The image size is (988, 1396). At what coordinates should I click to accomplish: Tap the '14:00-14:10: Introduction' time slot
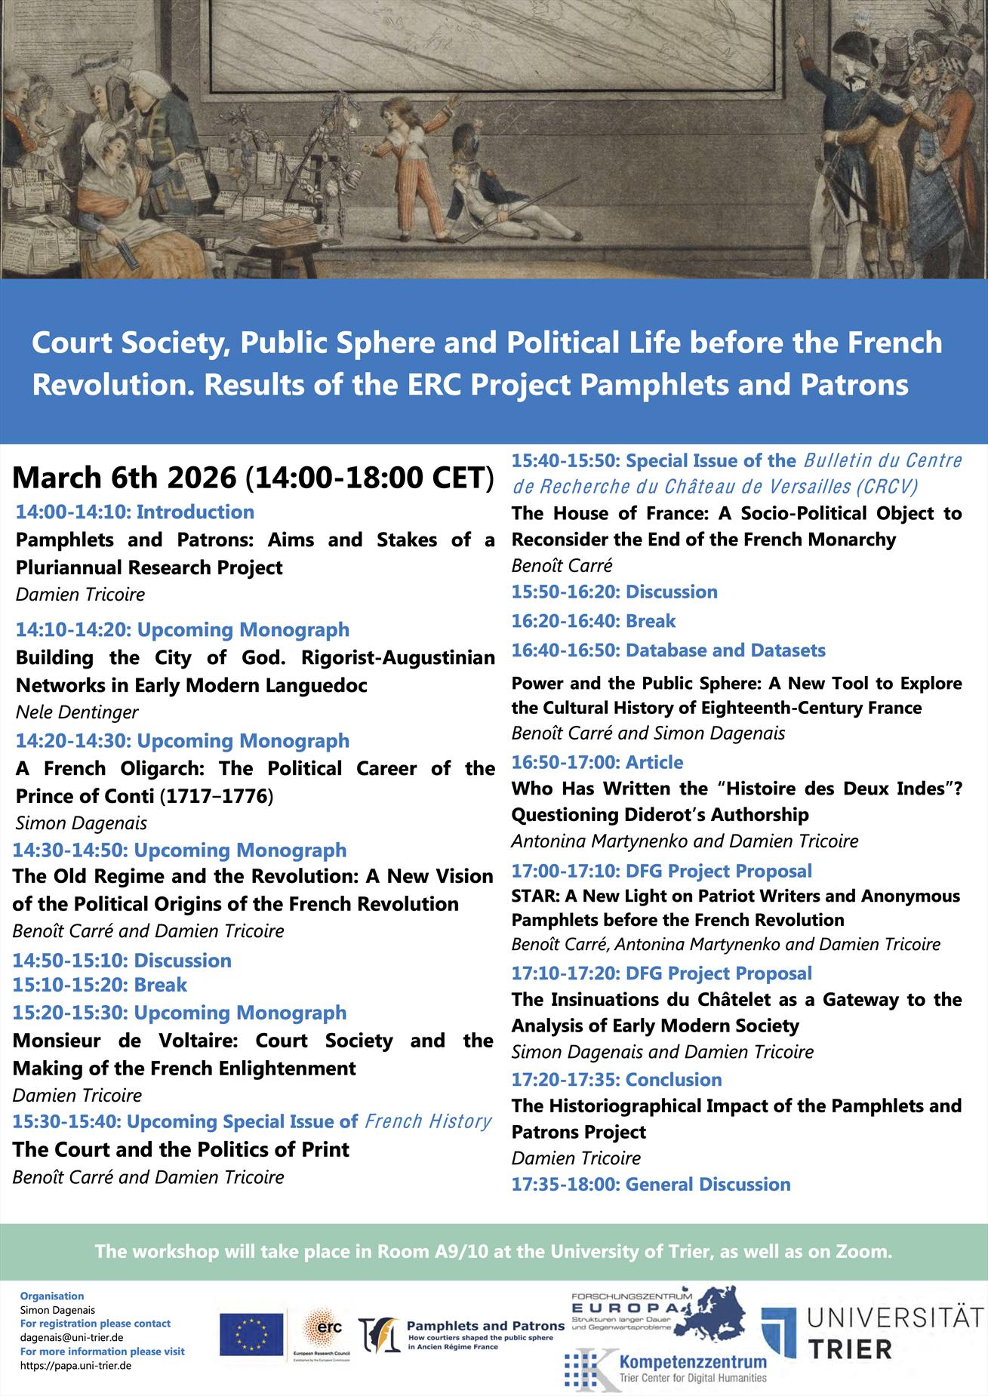135,512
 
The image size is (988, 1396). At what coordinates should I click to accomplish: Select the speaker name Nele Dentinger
77,712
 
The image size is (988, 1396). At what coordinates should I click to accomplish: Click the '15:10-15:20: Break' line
100,985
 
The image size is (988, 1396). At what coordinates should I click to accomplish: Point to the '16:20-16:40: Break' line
593,621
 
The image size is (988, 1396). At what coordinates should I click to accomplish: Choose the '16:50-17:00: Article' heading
597,762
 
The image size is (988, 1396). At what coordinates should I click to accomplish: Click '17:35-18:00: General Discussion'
651,1184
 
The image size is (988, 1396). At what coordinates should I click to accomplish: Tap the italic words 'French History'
428,1121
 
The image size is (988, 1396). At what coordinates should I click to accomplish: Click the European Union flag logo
251,1333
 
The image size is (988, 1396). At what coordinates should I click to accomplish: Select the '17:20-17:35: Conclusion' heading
616,1079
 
